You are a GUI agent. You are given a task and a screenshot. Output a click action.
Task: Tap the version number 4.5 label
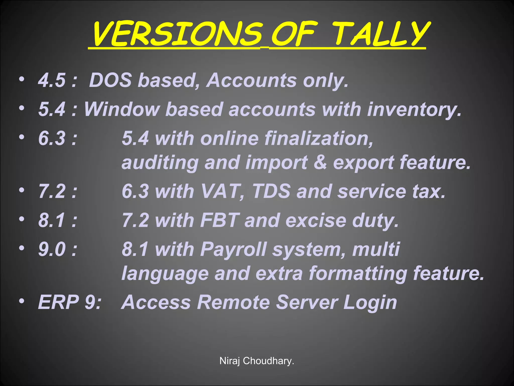(52, 80)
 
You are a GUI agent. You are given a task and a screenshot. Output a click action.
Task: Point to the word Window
(122, 109)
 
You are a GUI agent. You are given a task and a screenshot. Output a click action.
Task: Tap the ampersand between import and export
(320, 162)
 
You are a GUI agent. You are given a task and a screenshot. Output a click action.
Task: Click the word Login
(370, 303)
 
